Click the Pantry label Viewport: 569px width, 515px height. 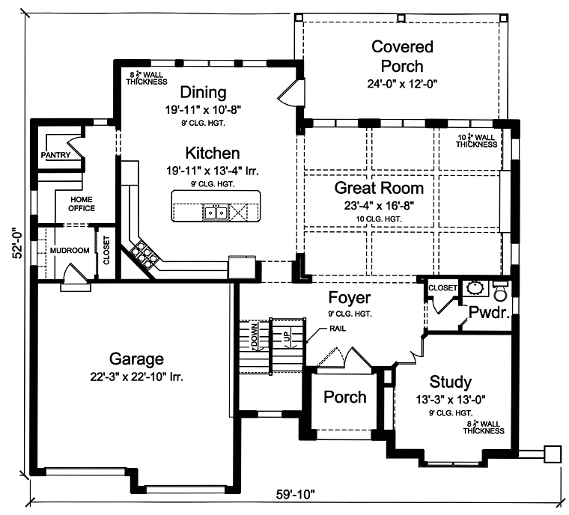(55, 155)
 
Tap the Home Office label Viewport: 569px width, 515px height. (82, 204)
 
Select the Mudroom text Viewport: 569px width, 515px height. (70, 251)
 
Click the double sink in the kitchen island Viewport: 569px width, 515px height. (216, 213)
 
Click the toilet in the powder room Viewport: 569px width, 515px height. (501, 290)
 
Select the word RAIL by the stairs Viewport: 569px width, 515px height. (338, 329)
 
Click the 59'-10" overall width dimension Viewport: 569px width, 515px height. (296, 494)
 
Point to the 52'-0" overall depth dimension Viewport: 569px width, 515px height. (18, 243)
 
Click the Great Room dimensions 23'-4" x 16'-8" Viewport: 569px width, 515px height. (380, 206)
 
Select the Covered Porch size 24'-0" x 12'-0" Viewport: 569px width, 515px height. (402, 84)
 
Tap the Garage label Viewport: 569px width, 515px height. (136, 359)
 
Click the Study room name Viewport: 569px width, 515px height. (451, 383)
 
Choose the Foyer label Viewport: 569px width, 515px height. (350, 298)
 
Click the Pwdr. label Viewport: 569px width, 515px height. (489, 312)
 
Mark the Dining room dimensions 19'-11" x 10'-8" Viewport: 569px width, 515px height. (203, 109)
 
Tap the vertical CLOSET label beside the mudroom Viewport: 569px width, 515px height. (106, 251)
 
